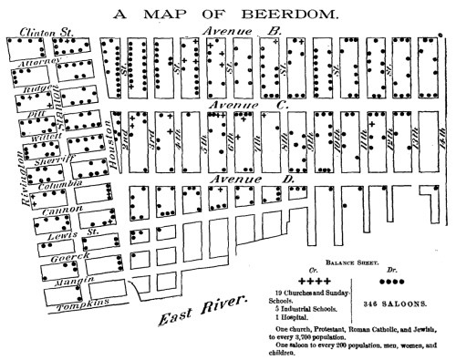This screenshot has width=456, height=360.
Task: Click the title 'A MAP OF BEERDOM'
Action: click(x=228, y=15)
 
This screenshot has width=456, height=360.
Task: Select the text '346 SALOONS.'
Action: click(x=392, y=303)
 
